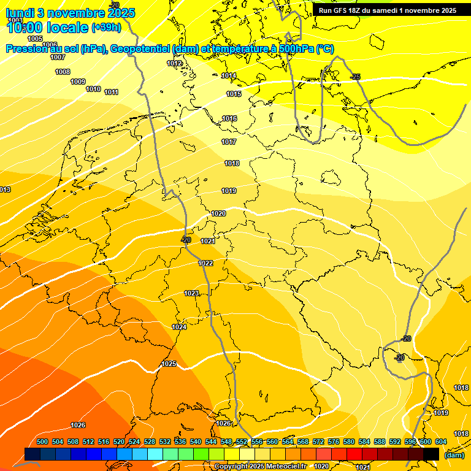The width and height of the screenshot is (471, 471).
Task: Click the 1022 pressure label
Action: [x=205, y=263]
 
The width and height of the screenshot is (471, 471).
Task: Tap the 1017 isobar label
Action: [x=229, y=142]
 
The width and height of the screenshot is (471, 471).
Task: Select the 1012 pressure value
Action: [x=174, y=63]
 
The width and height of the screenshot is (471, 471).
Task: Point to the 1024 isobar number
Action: [x=179, y=327]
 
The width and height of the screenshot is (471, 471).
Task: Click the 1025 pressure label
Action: [x=169, y=364]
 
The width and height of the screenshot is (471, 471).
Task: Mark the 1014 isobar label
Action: [x=229, y=75]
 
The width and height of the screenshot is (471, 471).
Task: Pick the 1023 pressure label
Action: [x=191, y=293]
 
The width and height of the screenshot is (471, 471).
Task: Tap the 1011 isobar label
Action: [x=111, y=92]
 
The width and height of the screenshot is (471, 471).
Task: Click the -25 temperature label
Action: [x=355, y=77]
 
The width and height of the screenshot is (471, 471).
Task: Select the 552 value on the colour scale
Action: [x=242, y=442]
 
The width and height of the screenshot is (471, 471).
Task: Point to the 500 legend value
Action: [x=42, y=442]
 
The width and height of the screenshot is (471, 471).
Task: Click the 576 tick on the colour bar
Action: [x=334, y=442]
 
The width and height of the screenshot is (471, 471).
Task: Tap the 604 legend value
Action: [x=441, y=442]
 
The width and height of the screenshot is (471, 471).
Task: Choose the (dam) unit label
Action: [x=454, y=454]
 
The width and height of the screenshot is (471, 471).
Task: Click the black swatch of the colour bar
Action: [x=431, y=454]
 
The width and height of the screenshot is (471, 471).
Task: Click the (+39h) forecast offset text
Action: [x=106, y=28]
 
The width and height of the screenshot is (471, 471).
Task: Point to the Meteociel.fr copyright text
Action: [x=280, y=467]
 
